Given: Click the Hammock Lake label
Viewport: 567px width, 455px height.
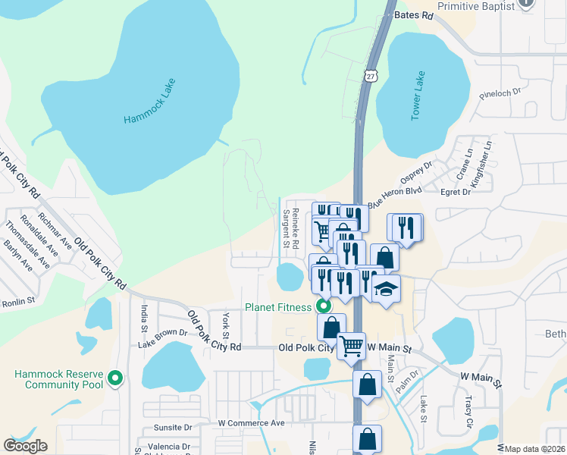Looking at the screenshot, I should (149, 102).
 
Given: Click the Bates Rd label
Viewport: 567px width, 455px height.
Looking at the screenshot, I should (414, 15).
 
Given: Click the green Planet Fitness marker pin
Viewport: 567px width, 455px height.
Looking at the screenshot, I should (324, 307).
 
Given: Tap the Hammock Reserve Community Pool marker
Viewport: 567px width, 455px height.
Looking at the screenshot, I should (115, 377).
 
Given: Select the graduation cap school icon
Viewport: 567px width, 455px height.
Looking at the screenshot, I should (386, 288).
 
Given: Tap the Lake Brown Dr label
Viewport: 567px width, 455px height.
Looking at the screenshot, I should (162, 332).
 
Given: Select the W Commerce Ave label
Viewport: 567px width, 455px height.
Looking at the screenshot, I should (251, 422).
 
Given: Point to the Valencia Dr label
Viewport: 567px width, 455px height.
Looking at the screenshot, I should (168, 446).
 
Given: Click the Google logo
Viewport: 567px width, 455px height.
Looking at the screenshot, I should (25, 446).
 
